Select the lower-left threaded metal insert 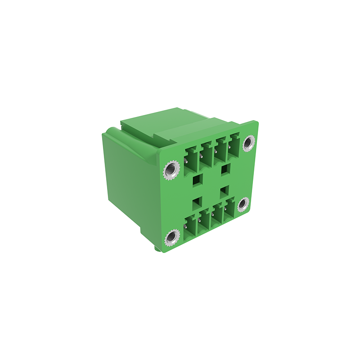(x=171, y=238)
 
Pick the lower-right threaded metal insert (x=243, y=205)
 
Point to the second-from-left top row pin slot (x=206, y=155)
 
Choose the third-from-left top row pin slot (x=220, y=150)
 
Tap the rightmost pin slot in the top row (x=233, y=146)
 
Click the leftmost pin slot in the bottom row (x=191, y=227)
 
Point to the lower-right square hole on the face (x=224, y=192)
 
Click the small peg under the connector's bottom (x=156, y=248)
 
